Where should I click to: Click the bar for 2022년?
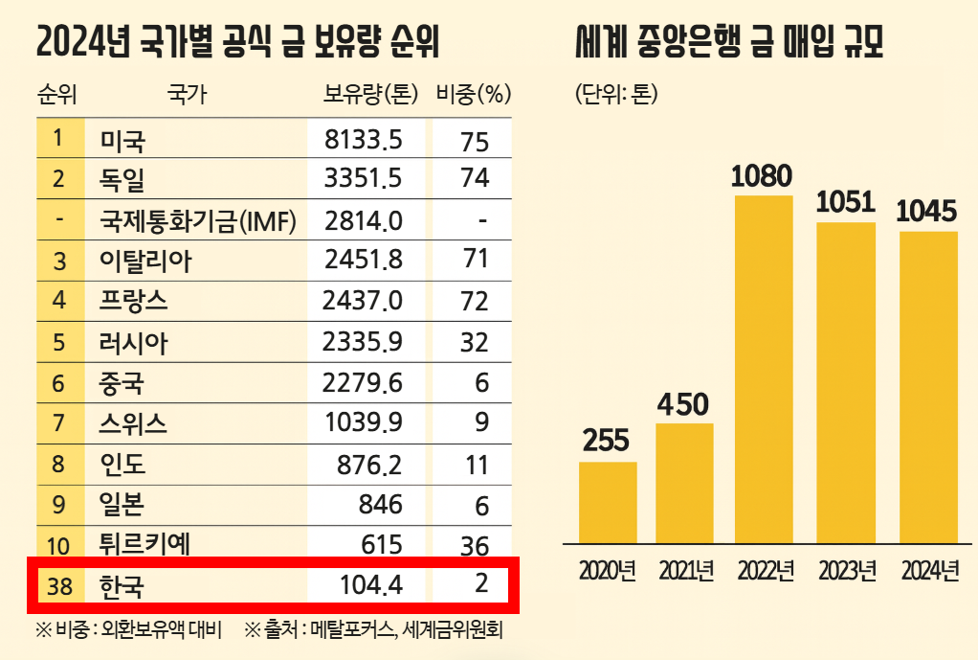coord(764,369)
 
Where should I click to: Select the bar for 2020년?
coord(608,502)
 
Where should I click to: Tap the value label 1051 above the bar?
coord(845,202)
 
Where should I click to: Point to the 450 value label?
coord(684,404)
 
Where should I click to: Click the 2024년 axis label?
coord(929,571)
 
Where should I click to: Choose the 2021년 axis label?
coord(685,571)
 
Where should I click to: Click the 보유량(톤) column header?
coord(367,94)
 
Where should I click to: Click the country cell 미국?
coord(122,141)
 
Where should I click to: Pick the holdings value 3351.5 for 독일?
coord(364,179)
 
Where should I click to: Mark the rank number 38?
coord(58,584)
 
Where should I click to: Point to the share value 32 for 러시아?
coord(474,342)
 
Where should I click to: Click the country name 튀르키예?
coord(144,544)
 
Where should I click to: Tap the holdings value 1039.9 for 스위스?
coord(364,422)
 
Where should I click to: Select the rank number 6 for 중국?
coord(58,382)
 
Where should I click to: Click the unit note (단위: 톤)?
coord(616,94)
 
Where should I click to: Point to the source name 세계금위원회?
coord(456,630)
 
